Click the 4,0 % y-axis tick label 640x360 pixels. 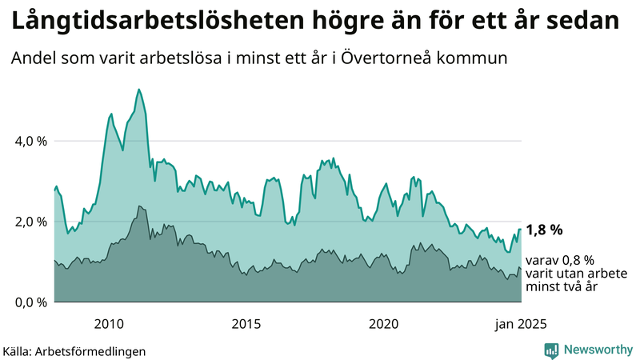click(x=30, y=141)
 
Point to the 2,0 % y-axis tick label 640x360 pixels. click(x=30, y=222)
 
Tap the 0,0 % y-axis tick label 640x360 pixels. click(x=30, y=302)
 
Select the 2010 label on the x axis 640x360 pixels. click(x=109, y=324)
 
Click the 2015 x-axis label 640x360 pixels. click(x=246, y=324)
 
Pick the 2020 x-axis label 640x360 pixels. click(x=384, y=324)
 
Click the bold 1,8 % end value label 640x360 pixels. click(x=545, y=230)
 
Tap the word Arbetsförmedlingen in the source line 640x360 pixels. click(x=96, y=350)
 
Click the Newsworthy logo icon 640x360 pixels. click(x=551, y=350)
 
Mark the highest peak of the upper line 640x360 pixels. click(x=139, y=90)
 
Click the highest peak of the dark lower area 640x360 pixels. click(x=139, y=206)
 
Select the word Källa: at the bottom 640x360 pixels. click(x=22, y=350)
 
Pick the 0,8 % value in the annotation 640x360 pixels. click(x=578, y=260)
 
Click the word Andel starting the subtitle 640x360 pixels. click(x=33, y=58)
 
